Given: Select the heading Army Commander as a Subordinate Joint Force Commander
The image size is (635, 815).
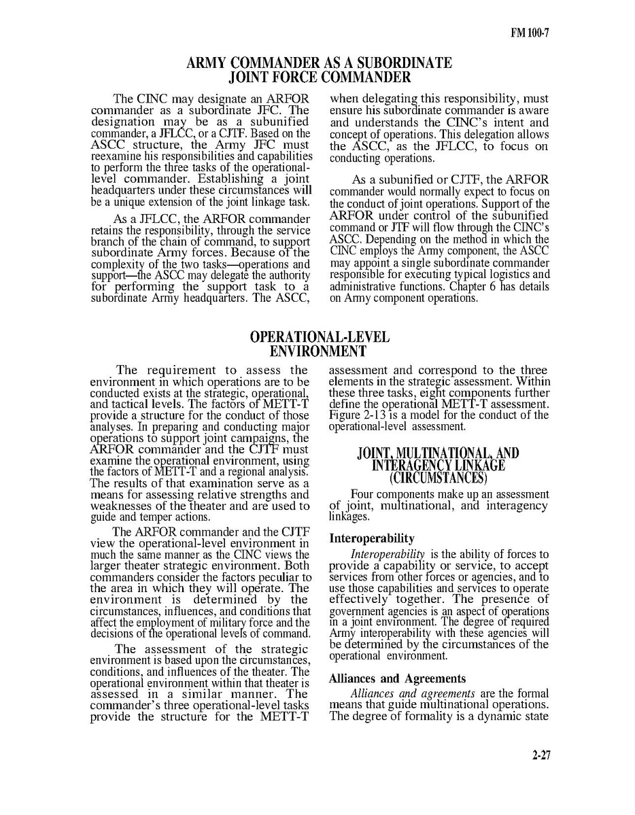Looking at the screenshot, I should coord(319,71).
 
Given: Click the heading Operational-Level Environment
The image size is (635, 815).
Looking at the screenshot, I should coord(319,344).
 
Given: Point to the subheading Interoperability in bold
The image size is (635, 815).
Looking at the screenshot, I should coord(372,538).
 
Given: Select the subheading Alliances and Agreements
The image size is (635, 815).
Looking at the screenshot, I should coord(397,678).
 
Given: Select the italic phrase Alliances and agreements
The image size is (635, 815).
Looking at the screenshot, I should coord(412,693).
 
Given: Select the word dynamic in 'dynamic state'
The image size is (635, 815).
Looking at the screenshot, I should coord(503,718).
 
